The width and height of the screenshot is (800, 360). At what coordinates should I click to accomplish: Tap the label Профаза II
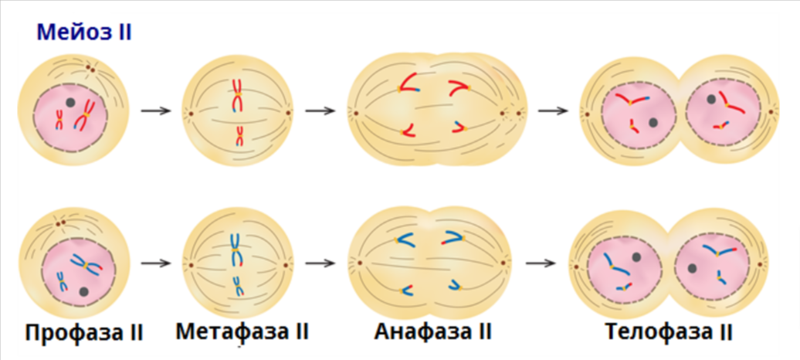click(x=84, y=333)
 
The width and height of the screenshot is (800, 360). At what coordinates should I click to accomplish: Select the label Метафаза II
click(x=242, y=331)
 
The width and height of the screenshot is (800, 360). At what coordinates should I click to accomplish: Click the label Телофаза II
click(x=669, y=332)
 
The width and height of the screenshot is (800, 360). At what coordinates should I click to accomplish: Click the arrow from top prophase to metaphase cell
click(x=156, y=110)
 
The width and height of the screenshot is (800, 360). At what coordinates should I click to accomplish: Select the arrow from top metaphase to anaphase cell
click(x=320, y=110)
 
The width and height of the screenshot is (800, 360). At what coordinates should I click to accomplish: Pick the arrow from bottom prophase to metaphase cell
click(x=156, y=263)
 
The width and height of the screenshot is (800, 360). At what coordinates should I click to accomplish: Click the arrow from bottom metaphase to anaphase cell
click(x=320, y=263)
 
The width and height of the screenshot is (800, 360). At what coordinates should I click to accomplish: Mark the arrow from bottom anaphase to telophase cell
click(x=541, y=263)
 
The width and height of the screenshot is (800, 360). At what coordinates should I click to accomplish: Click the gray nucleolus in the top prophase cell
click(x=70, y=102)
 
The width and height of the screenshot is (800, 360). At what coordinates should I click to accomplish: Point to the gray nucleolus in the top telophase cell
click(x=653, y=122)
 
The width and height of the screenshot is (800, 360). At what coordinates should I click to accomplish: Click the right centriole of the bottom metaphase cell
click(x=288, y=264)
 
